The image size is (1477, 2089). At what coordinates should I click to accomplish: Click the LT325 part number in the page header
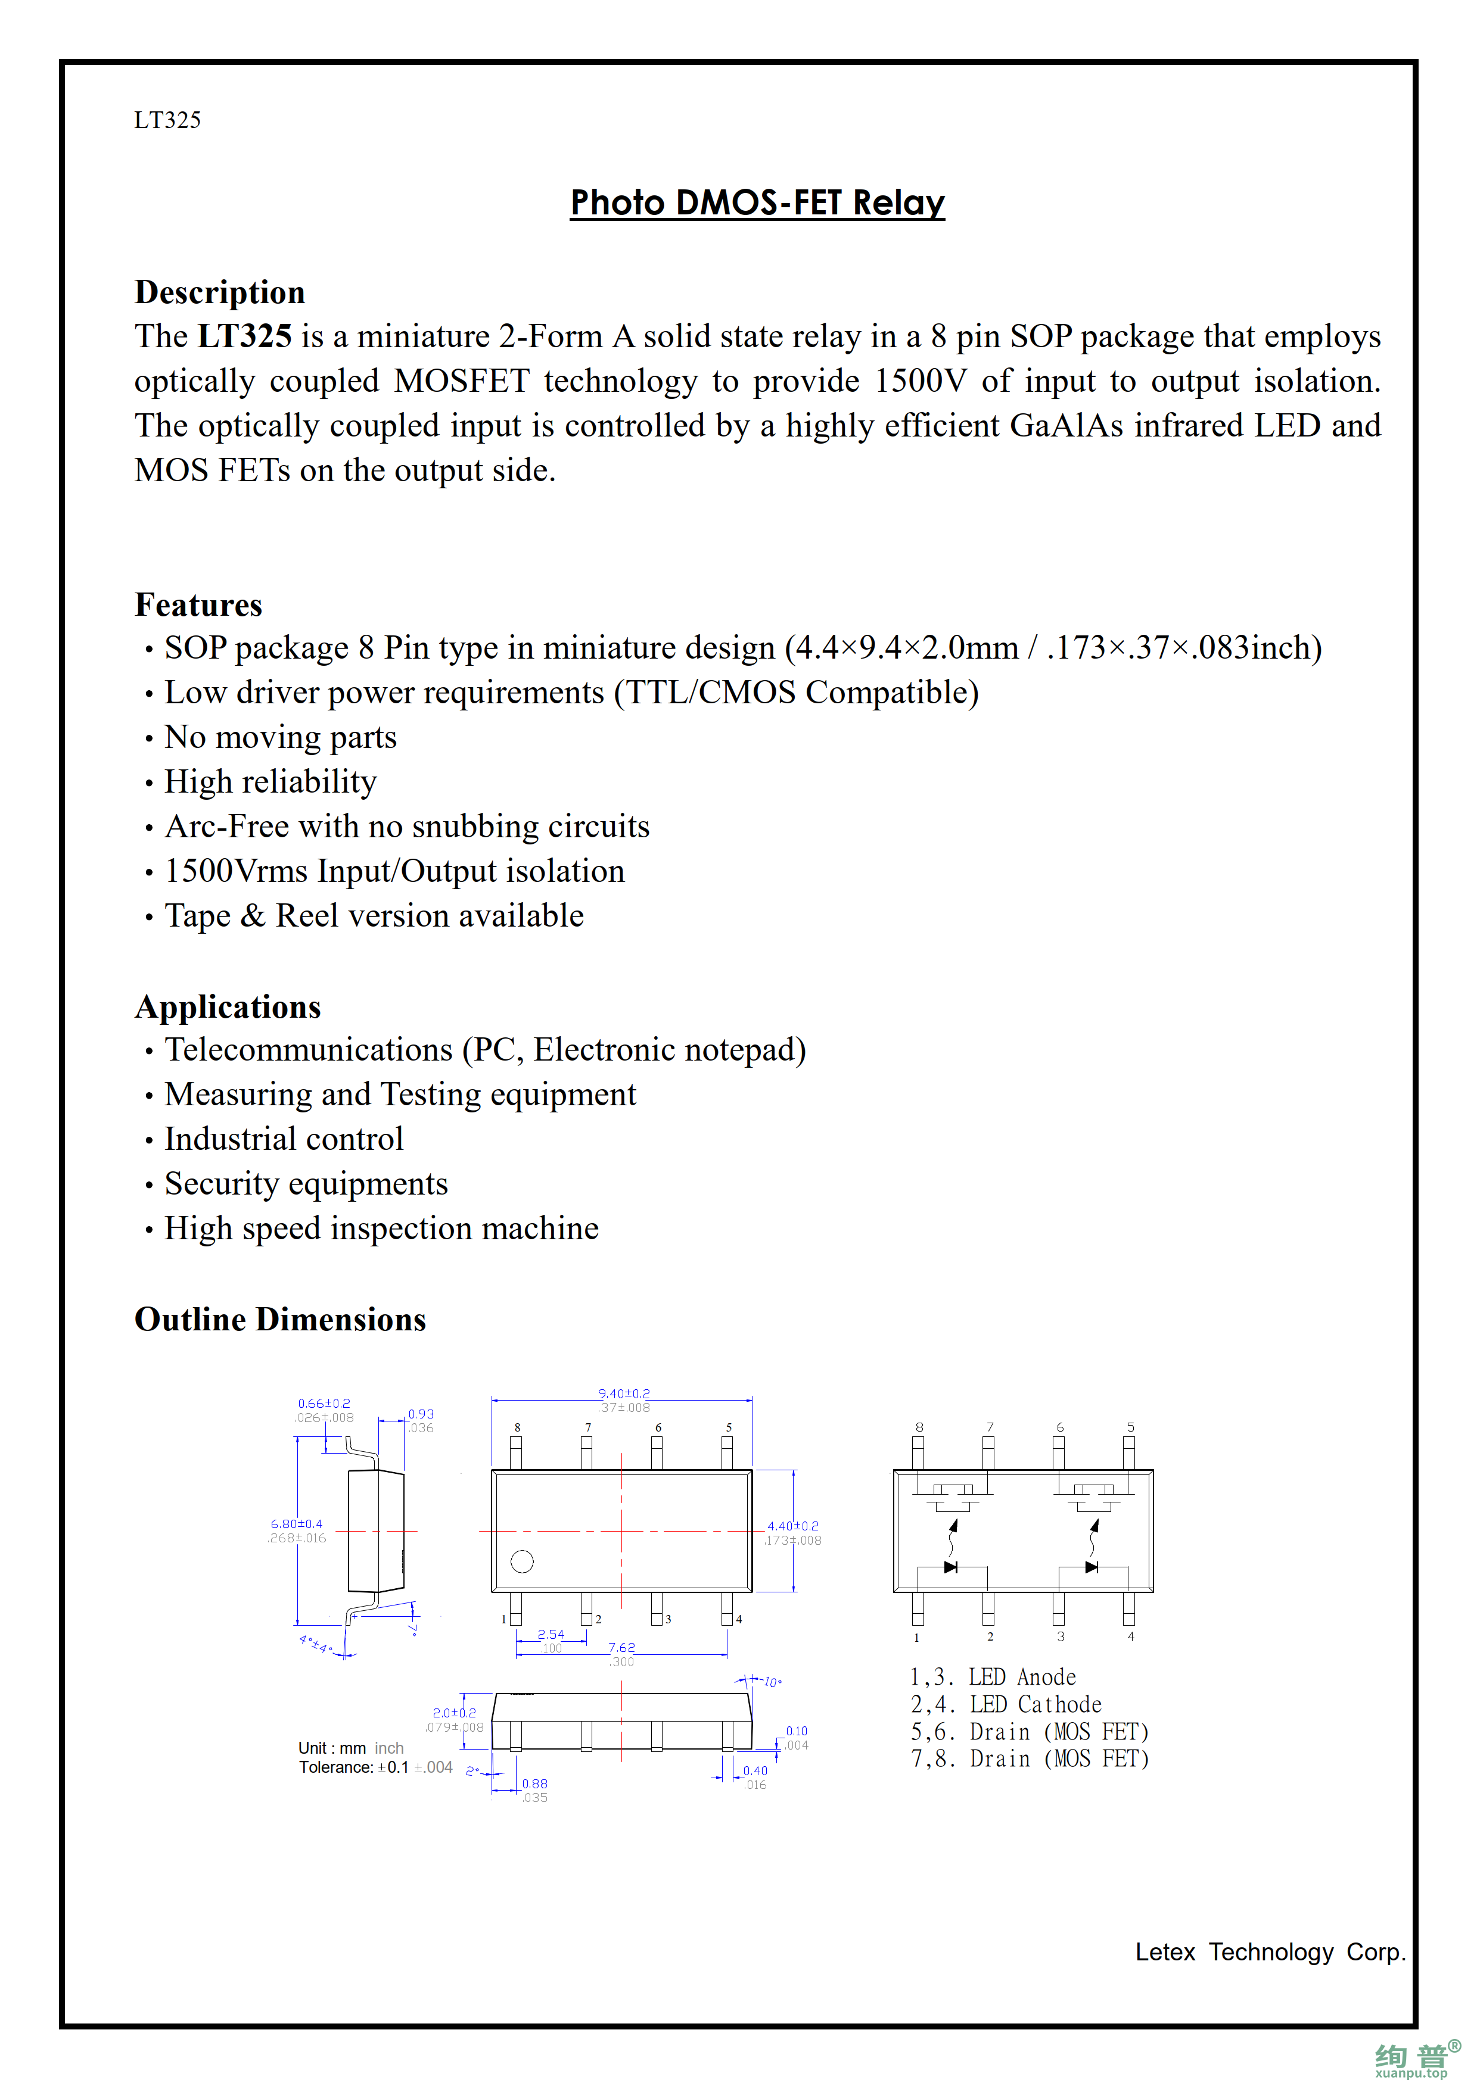[167, 120]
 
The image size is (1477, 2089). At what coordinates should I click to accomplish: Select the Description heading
[219, 292]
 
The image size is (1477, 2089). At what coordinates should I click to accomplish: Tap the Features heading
[198, 605]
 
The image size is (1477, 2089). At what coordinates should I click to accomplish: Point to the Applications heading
[228, 1007]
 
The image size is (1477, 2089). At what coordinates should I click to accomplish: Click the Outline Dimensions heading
[280, 1319]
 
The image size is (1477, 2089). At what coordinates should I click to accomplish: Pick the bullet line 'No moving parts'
[280, 737]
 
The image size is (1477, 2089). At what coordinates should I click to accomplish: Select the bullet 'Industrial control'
[283, 1139]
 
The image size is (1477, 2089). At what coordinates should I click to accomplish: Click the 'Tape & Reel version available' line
[374, 915]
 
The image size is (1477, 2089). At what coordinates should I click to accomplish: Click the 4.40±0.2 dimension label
[792, 1526]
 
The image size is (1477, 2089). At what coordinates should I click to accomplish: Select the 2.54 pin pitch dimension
[551, 1634]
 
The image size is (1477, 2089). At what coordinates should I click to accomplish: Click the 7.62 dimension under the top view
[621, 1647]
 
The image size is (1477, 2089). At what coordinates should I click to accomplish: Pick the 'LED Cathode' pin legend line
[1006, 1704]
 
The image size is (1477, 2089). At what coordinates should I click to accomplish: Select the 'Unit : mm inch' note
[350, 1748]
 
